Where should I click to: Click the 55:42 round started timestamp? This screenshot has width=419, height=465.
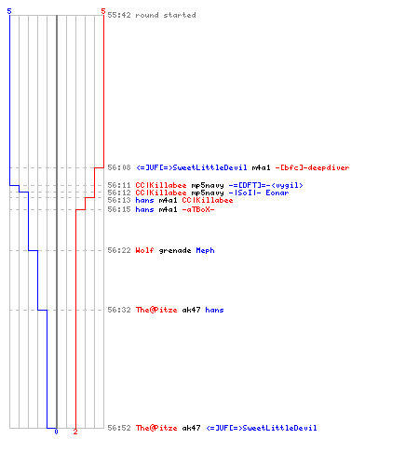click(119, 15)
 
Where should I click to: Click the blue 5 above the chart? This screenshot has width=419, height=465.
click(9, 11)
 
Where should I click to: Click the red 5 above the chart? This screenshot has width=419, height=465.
click(103, 11)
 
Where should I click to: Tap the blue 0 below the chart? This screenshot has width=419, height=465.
click(56, 432)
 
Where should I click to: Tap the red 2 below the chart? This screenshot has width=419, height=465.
click(75, 432)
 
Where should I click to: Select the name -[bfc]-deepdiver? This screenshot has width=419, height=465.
click(312, 167)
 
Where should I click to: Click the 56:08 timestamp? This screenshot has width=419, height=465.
click(119, 167)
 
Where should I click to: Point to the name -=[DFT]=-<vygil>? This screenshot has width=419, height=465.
click(265, 185)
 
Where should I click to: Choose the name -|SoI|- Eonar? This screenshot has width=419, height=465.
click(259, 193)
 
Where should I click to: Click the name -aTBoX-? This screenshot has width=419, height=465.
click(198, 209)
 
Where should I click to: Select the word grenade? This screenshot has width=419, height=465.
click(175, 250)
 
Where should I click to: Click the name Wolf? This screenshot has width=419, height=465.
click(144, 250)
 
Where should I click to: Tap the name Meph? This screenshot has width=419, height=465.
click(205, 250)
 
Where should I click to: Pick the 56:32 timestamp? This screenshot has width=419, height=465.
click(119, 310)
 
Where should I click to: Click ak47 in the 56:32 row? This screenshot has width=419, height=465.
click(191, 310)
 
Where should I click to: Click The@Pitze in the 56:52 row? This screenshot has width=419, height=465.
click(156, 428)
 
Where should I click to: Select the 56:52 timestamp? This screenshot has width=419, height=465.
click(119, 428)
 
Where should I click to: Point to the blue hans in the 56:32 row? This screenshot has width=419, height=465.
click(214, 310)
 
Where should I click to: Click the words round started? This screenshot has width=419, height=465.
click(166, 15)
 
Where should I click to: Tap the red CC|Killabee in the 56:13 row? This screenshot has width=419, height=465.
click(208, 200)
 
